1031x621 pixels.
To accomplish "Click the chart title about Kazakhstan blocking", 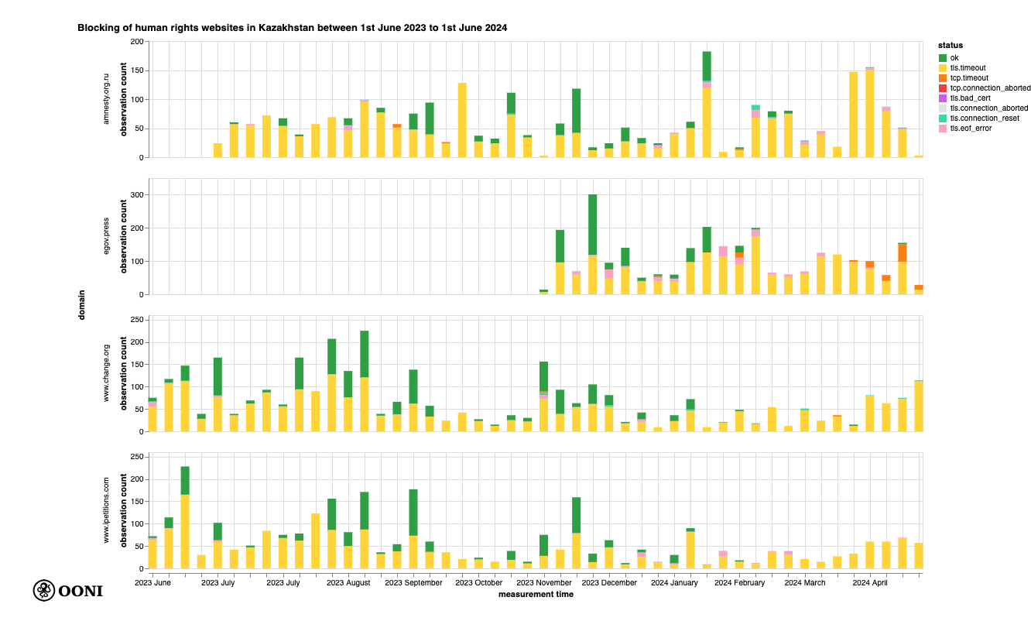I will pos(292,27).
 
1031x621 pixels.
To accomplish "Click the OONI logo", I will pos(67,591).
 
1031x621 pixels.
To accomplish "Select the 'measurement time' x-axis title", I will pos(536,595).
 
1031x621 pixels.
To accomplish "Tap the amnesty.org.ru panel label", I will pos(106,99).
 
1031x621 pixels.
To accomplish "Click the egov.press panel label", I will pos(106,236).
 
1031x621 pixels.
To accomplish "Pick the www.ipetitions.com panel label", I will pos(106,510).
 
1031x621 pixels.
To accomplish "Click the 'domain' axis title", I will pos(81,304).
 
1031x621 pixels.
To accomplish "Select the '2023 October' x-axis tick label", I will pos(479,582).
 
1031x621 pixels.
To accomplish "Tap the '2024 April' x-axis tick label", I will pos(869,582).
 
